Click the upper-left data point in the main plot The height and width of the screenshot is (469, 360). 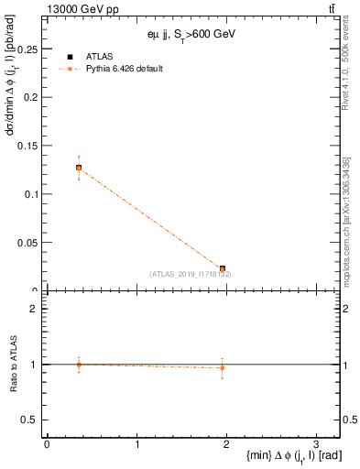pos(79,168)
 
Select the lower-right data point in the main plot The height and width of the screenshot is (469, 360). pos(223,268)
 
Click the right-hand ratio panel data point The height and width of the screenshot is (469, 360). pos(223,367)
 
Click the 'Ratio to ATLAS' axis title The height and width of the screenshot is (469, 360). pos(14,365)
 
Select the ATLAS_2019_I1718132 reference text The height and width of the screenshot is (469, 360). pos(190,274)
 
